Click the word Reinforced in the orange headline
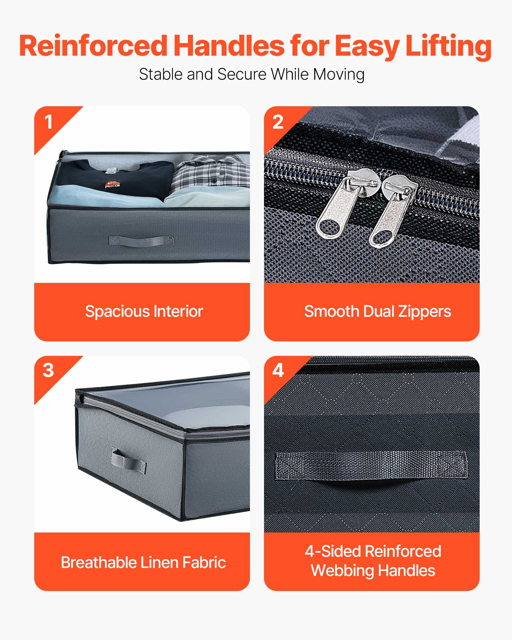(x=93, y=46)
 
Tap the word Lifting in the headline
(x=448, y=46)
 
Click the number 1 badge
(x=48, y=122)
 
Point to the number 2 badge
(x=278, y=122)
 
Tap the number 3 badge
(x=48, y=371)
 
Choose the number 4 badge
(x=278, y=371)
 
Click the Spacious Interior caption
(x=144, y=311)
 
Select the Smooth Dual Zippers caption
(x=378, y=311)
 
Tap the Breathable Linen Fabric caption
(x=143, y=562)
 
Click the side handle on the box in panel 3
(x=128, y=461)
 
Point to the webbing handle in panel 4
(x=371, y=466)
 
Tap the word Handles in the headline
(x=229, y=46)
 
